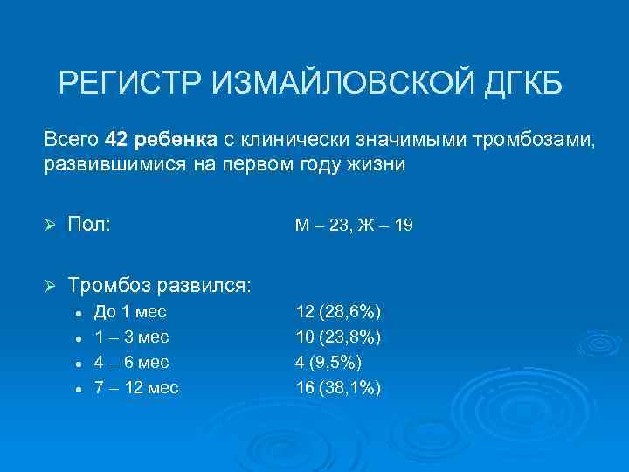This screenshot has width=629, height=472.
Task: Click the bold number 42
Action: (116, 140)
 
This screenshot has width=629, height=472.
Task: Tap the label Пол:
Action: (89, 226)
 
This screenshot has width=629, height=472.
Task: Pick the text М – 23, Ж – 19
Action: (354, 226)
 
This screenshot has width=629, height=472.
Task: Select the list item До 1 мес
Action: (130, 312)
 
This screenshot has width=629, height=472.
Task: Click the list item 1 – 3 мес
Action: (131, 337)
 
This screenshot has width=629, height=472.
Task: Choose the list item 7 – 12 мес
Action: (135, 388)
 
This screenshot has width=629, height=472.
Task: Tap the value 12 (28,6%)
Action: (338, 312)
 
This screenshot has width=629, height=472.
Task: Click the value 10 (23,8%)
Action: (338, 337)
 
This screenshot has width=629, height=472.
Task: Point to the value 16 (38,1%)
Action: (338, 388)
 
